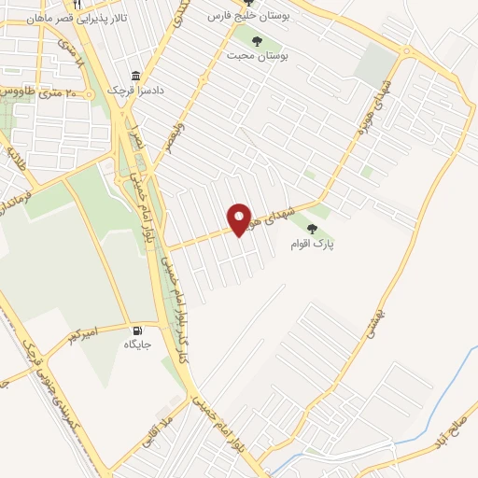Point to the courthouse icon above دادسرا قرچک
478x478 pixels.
(x=137, y=77)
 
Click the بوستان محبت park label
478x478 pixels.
(x=258, y=55)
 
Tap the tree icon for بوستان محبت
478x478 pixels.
(x=257, y=40)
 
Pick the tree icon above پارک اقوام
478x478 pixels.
(x=312, y=228)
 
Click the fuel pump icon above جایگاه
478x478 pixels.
(x=140, y=330)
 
